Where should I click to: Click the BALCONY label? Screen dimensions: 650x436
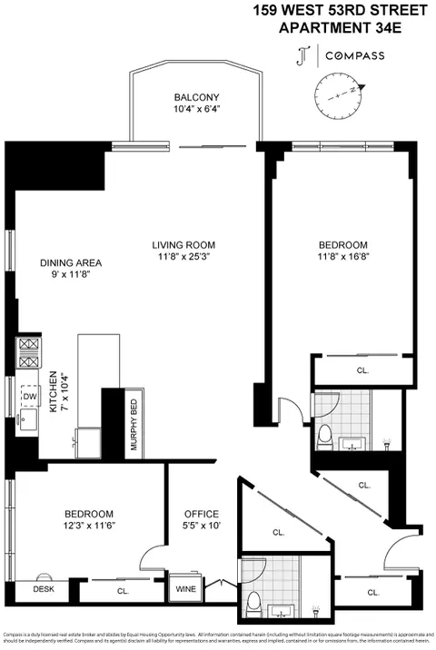(x=196, y=97)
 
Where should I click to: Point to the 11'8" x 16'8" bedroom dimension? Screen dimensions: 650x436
(x=342, y=257)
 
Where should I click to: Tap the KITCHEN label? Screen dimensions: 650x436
(x=54, y=391)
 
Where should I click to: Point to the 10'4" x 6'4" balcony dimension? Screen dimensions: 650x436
(x=196, y=110)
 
